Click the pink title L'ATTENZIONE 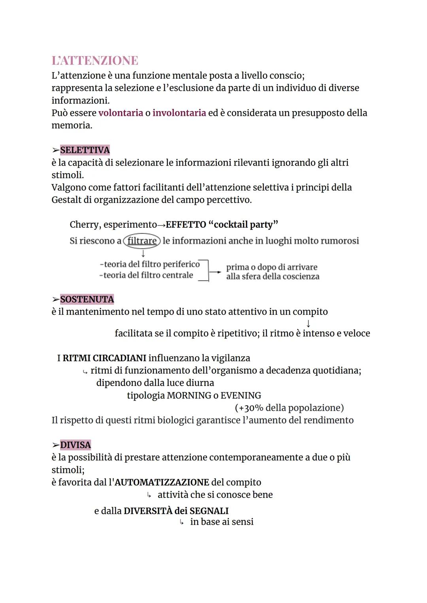[95, 60]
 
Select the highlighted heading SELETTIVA [85, 150]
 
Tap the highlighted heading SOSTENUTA [87, 299]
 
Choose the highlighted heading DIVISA [75, 445]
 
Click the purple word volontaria [121, 113]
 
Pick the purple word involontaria [179, 113]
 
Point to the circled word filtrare [142, 241]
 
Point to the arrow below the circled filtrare [143, 252]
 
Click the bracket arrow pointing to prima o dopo [215, 272]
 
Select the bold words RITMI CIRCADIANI [104, 358]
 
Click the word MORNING [189, 395]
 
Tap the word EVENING [240, 395]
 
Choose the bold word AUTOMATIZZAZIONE [161, 482]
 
